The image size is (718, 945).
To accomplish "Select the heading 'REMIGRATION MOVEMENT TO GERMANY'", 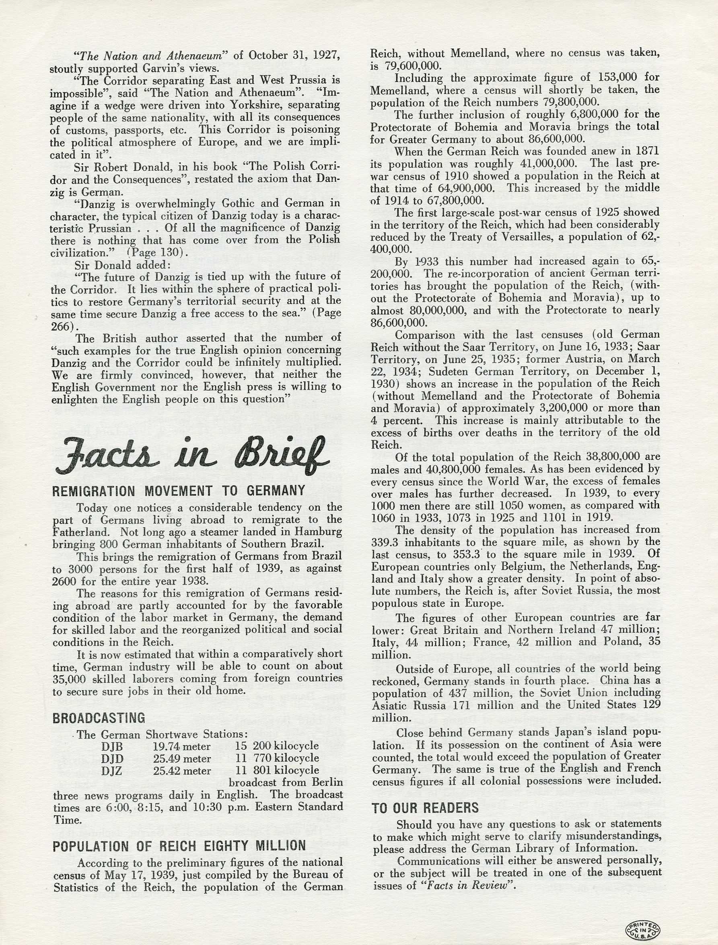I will pos(179,491).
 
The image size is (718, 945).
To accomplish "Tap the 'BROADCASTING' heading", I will pos(99,718).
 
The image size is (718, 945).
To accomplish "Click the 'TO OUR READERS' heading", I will pos(425,808).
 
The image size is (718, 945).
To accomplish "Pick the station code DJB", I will pos(112,746).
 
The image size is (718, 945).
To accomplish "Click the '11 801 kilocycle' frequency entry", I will pos(277,770).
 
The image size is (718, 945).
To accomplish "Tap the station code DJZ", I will pos(112,771).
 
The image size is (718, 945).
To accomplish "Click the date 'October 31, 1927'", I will pos(294,55).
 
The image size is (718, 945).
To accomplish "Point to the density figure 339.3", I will pos(387,542).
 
